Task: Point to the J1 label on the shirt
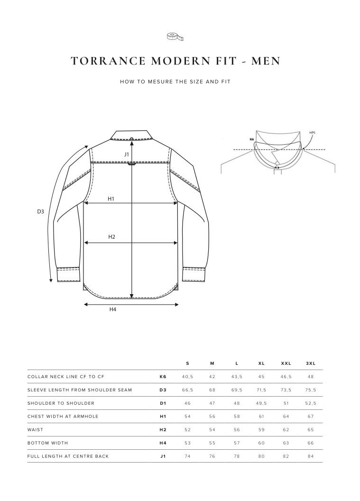click(x=127, y=154)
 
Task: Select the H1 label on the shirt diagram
click(x=111, y=199)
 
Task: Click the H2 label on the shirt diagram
click(x=112, y=237)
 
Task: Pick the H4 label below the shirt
click(x=113, y=309)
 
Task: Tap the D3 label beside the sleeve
click(x=41, y=212)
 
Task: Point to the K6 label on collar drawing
click(x=252, y=139)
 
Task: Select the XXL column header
click(x=286, y=363)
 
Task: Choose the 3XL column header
click(x=311, y=363)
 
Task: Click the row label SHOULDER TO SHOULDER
click(x=61, y=403)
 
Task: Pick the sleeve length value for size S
click(x=187, y=390)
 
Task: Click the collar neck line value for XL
click(x=261, y=377)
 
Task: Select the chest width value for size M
click(x=212, y=417)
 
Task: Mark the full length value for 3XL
click(x=311, y=456)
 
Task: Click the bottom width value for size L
click(x=237, y=443)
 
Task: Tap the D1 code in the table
click(x=163, y=403)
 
